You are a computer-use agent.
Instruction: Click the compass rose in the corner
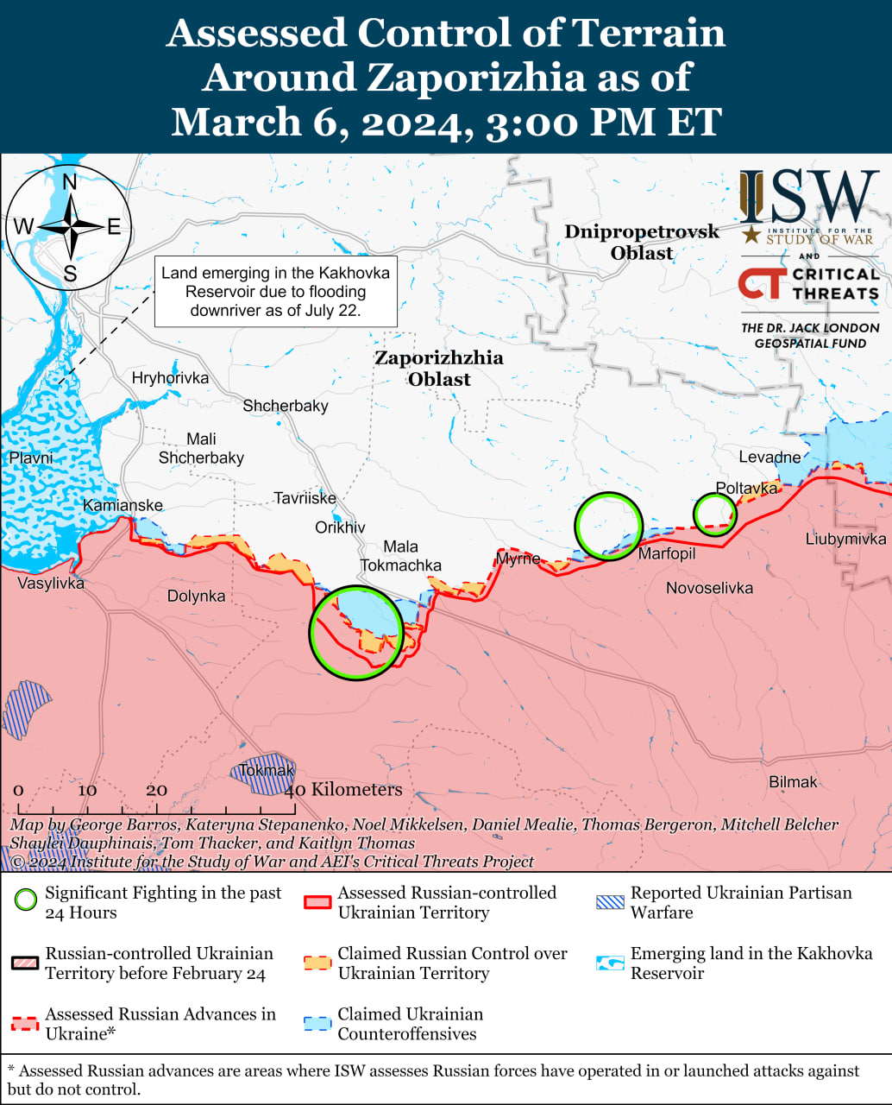69,227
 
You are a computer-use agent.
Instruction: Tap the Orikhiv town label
340,527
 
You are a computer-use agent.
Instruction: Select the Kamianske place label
122,505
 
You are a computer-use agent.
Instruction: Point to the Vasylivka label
51,583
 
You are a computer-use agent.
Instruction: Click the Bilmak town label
793,782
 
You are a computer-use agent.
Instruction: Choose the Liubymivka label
845,539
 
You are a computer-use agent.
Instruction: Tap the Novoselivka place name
709,588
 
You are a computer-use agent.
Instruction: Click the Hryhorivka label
170,377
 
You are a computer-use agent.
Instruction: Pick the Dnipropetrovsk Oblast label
642,242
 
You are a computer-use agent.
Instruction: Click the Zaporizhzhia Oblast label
439,368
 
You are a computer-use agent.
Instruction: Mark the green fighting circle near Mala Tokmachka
356,633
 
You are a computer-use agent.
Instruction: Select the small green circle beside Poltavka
714,515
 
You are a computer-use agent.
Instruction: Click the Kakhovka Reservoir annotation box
275,292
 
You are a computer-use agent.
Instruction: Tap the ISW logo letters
808,197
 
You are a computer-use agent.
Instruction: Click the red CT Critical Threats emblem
763,283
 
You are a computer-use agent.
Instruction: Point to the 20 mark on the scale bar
156,790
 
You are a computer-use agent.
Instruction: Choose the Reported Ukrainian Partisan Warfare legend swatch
610,902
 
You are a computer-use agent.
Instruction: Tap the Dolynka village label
196,596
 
